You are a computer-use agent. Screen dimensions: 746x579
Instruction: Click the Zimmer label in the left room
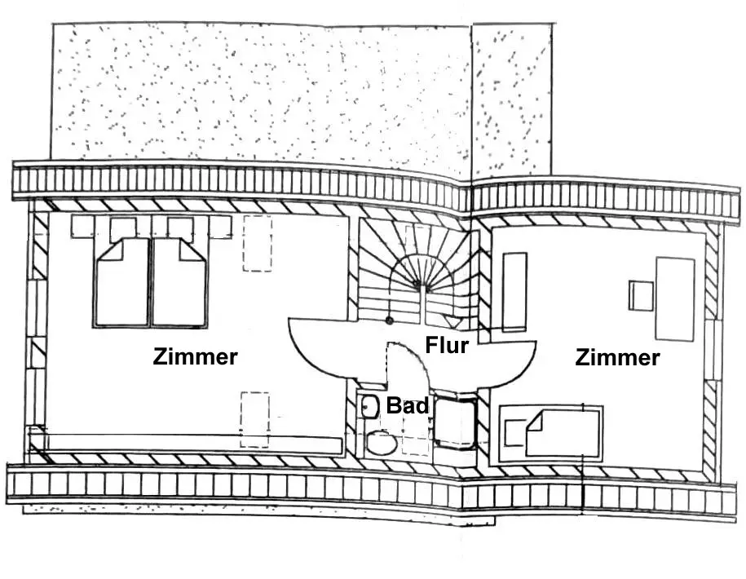coord(196,356)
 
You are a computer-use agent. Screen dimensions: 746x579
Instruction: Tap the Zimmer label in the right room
coord(617,357)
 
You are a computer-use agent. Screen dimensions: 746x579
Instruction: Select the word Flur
coord(447,345)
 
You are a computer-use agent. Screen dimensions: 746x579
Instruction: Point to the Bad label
coord(408,404)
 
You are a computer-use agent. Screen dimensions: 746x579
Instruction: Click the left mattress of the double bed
coord(122,283)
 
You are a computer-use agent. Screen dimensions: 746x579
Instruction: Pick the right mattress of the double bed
coord(179,283)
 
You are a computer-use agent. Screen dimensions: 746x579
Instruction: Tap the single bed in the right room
coord(552,433)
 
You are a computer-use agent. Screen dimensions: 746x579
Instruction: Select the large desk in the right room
coord(674,298)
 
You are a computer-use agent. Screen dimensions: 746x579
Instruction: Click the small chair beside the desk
coord(641,294)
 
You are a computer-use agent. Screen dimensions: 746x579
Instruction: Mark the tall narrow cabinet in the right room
coord(514,291)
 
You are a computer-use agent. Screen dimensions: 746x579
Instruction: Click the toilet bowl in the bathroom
coord(381,443)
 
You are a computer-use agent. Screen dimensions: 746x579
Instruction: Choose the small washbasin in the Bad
coord(369,405)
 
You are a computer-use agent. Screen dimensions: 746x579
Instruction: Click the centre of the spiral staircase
coord(419,284)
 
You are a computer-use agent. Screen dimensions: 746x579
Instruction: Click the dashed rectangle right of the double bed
coord(257,243)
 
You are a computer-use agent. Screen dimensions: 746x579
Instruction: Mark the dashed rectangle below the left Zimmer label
coord(254,418)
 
